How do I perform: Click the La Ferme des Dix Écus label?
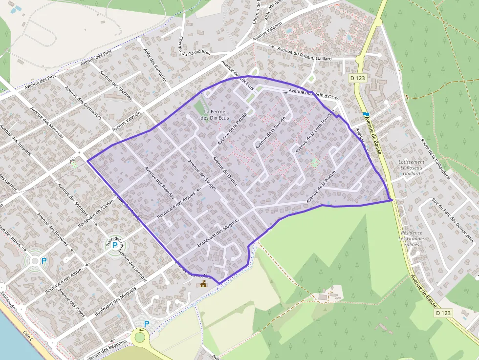(x=214, y=115)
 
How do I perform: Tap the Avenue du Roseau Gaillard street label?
(x=304, y=53)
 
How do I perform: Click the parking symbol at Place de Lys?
(x=115, y=245)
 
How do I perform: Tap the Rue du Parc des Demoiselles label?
(x=452, y=220)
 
